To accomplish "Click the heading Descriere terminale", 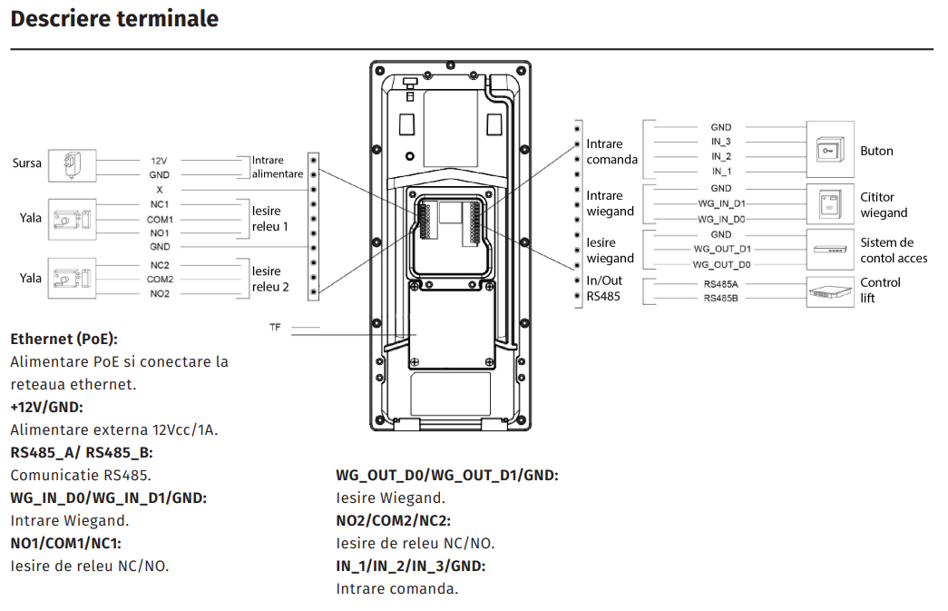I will (x=114, y=18).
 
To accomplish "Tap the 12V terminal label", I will (x=159, y=160).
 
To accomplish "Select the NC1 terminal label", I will (x=160, y=204).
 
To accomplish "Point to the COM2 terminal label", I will (x=160, y=280).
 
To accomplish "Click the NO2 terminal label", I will (x=160, y=294).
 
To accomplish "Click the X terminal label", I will (x=160, y=190).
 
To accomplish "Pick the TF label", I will (x=275, y=326).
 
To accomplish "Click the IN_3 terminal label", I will (x=721, y=142).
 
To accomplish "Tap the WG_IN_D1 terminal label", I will (x=721, y=204).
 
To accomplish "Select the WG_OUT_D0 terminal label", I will (x=721, y=264).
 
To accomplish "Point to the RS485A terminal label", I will (x=721, y=283).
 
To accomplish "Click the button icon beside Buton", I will (x=829, y=151).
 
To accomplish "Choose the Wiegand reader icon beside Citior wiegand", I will (x=829, y=204).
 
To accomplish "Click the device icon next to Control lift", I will (x=829, y=291).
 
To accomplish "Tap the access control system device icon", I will (x=829, y=249).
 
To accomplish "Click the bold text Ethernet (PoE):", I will (x=64, y=339).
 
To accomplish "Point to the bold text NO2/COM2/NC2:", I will (x=393, y=520).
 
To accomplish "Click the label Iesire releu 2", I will (x=270, y=279).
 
